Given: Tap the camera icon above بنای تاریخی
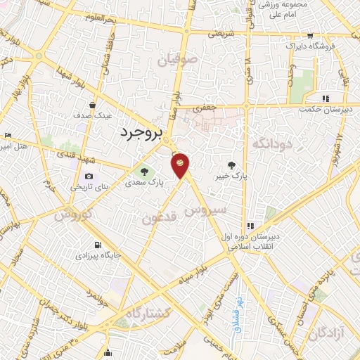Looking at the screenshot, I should (x=89, y=176).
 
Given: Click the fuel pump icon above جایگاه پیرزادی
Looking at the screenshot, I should (x=96, y=245).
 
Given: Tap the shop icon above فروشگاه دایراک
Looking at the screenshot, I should (x=310, y=36).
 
